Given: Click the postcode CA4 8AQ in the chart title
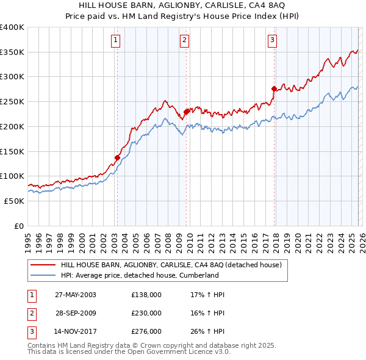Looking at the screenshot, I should tap(265, 5).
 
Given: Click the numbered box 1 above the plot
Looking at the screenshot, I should tap(115, 41).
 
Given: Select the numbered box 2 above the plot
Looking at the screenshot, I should tap(184, 41).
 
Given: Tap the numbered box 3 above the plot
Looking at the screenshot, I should tap(272, 41).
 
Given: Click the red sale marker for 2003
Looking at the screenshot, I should tap(117, 157).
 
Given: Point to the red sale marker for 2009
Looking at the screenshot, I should tap(186, 112).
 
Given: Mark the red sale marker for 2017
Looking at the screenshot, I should tap(274, 89).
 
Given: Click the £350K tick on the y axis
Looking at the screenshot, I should tap(12, 52).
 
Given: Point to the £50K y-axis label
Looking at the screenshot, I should tap(14, 201).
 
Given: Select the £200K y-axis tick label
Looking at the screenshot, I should tap(12, 126).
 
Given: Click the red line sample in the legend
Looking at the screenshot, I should tap(43, 265).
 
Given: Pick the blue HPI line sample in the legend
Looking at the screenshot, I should tap(43, 276).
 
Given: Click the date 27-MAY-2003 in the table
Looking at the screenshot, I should tap(76, 295).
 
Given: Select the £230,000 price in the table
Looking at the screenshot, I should tap(146, 313).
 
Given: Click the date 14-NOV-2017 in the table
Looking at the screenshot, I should tap(76, 331).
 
